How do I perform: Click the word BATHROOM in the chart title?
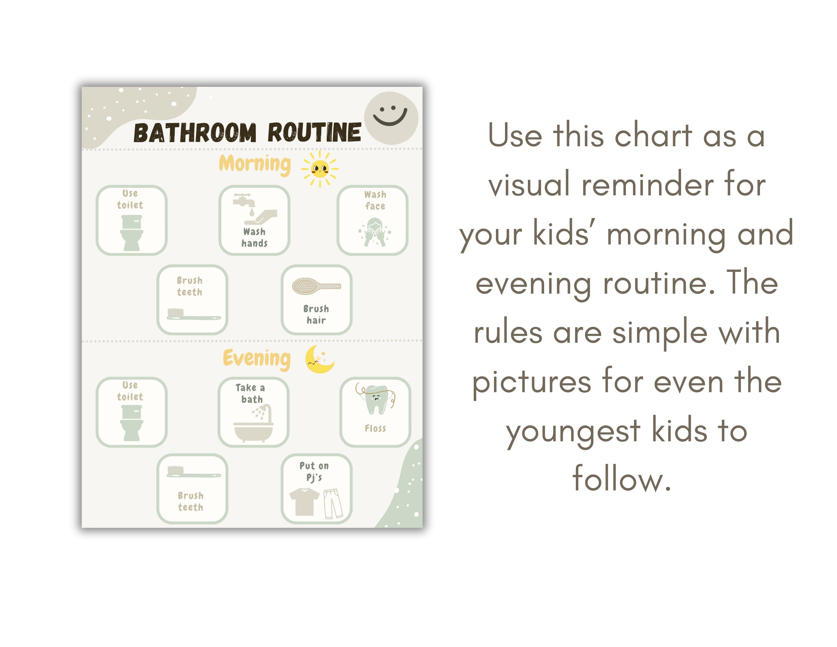click(x=195, y=133)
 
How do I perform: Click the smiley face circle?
click(x=391, y=118)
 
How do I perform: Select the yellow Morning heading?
click(x=255, y=164)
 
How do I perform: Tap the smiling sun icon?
click(x=320, y=169)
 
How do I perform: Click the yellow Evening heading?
click(x=256, y=358)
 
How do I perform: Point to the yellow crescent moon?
click(x=319, y=360)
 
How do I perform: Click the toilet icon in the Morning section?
click(x=131, y=233)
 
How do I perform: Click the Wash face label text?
click(x=375, y=200)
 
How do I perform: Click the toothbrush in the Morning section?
click(x=194, y=314)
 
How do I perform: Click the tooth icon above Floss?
click(x=376, y=400)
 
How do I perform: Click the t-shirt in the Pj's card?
click(x=304, y=501)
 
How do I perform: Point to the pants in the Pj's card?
click(x=333, y=503)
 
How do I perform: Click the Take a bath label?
click(x=251, y=394)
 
